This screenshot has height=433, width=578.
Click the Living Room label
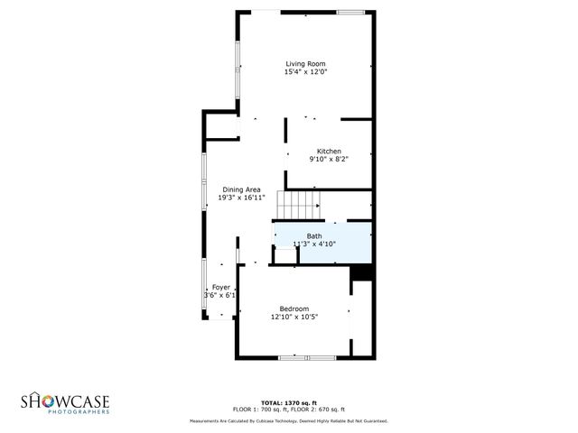pos(305,64)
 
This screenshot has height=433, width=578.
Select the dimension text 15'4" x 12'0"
pos(305,72)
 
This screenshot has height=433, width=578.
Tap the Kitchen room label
pos(328,151)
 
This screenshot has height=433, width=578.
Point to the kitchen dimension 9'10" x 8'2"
pos(328,159)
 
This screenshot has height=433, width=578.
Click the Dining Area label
pos(241,189)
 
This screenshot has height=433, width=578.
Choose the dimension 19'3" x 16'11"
pos(241,198)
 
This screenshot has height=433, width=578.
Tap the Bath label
pos(313,236)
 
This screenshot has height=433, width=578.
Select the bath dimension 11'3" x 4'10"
pos(313,244)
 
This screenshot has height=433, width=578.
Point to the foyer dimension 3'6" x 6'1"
pos(220,295)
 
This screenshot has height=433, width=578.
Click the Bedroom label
pos(294,309)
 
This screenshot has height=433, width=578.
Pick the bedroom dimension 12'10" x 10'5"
pos(294,317)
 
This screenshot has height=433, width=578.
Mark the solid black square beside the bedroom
pos(361,273)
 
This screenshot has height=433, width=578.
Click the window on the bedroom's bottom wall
pos(306,358)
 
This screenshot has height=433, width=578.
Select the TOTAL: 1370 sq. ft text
pos(288,402)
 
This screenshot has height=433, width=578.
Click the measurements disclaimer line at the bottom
pos(288,420)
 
